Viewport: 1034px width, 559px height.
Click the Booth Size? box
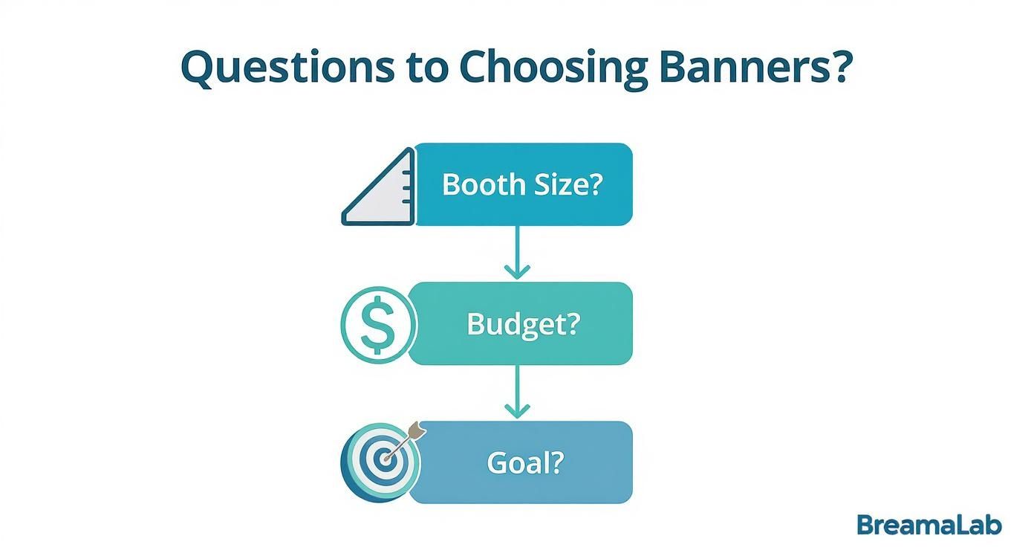523,184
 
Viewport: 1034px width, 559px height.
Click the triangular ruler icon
380,189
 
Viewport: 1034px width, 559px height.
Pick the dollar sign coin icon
377,325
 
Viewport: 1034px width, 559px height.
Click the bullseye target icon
380,461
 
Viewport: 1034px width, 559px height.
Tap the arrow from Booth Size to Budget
517,253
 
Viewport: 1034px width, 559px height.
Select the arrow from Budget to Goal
517,392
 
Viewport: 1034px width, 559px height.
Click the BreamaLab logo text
929,525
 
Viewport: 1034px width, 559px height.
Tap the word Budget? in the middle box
521,324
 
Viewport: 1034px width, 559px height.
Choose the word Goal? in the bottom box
526,462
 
